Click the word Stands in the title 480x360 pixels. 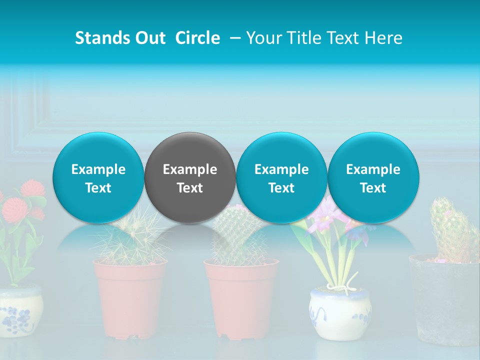tap(102, 38)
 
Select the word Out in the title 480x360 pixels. tap(150, 38)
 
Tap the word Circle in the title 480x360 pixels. tap(197, 38)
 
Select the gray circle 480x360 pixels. tap(190, 177)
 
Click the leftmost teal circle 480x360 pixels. tap(98, 177)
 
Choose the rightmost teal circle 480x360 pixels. tap(373, 177)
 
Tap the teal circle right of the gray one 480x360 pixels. tap(281, 177)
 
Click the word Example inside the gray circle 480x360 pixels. tap(190, 169)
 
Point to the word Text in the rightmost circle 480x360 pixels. tap(373, 188)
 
